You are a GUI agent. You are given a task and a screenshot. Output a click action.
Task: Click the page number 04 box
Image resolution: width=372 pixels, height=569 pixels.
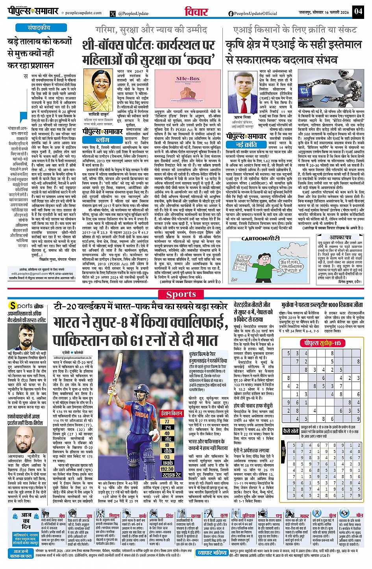pos(358,11)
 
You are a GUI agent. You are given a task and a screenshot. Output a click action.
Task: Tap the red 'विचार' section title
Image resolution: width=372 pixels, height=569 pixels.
pos(196,11)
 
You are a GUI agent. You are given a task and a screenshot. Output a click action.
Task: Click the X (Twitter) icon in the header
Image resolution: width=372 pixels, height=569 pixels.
pos(113,13)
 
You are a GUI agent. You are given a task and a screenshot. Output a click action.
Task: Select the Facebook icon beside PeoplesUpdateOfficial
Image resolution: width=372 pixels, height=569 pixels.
pos(231,13)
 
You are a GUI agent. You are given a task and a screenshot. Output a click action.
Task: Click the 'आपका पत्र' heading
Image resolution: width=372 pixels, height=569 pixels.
pos(340,238)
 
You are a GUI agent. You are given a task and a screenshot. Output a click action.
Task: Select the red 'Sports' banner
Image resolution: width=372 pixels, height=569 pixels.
pos(181,294)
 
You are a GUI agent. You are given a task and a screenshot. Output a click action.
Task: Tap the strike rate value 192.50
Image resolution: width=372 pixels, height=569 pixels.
pos(167,469)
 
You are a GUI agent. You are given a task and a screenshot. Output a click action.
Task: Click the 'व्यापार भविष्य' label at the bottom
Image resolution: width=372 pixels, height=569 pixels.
pos(212,552)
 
